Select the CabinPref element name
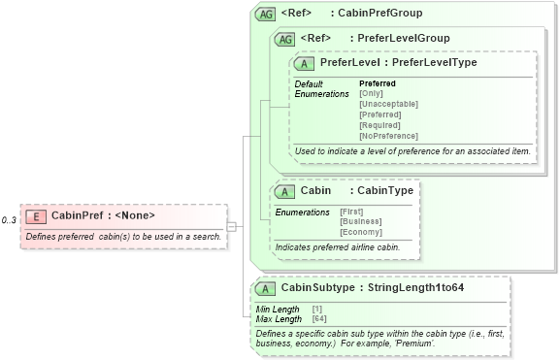coord(76,215)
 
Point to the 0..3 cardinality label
coord(9,220)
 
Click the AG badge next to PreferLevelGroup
coord(285,39)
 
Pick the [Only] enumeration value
coord(371,93)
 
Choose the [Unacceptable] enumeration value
coord(388,104)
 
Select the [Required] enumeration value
coord(379,125)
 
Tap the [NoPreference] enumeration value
coord(388,136)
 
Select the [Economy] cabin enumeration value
coord(360,233)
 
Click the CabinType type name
coord(384,190)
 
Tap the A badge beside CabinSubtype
coord(264,288)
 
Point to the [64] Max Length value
coord(318,318)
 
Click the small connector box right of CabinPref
coord(232,227)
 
